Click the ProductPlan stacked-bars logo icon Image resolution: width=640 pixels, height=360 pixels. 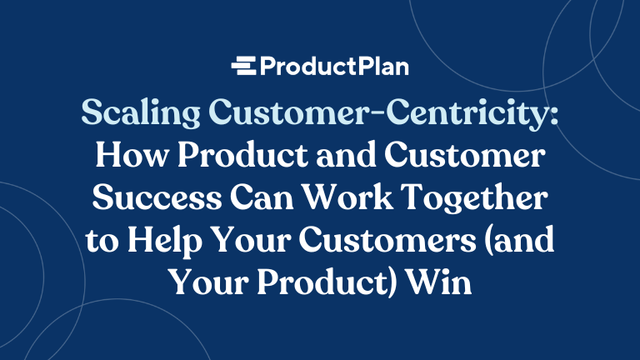point(244,66)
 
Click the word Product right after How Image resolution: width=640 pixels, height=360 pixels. point(237,158)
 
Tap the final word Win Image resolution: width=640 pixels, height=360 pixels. point(442,283)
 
